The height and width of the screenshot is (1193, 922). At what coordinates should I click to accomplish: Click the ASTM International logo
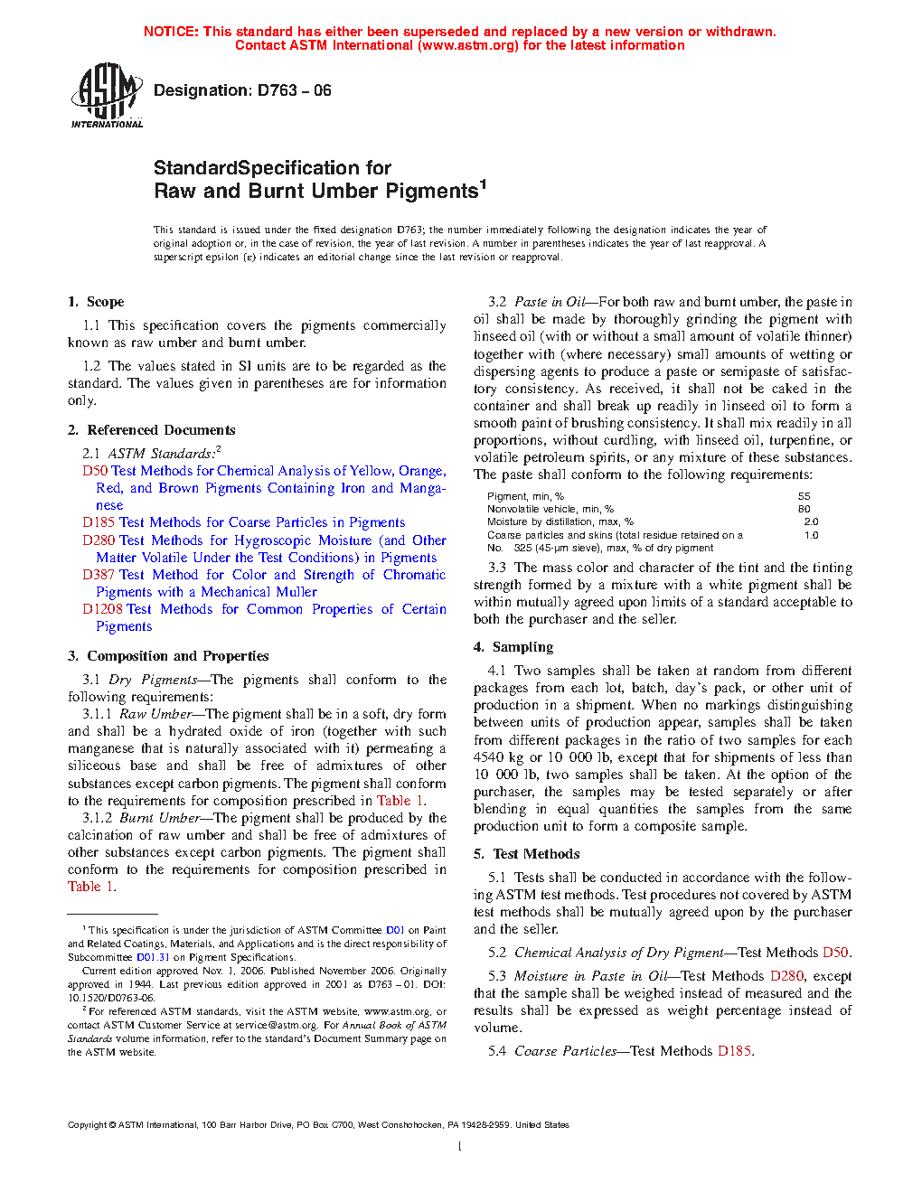pos(106,95)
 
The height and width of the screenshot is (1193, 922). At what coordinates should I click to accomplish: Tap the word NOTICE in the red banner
pos(171,32)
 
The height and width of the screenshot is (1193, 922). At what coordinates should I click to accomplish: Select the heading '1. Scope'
pos(96,302)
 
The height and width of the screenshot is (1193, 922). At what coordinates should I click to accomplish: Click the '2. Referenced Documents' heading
pos(152,430)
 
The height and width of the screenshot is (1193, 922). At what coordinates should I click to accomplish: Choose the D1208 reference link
pos(102,609)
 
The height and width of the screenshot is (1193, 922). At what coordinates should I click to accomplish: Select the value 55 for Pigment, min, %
pos(804,496)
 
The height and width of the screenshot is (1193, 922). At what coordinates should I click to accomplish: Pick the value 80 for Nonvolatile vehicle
pos(804,509)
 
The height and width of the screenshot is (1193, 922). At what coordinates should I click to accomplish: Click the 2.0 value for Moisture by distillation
pos(811,521)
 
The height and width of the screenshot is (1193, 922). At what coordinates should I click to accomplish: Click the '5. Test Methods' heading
pos(527,854)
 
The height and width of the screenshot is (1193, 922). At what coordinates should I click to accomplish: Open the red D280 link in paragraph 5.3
pos(786,976)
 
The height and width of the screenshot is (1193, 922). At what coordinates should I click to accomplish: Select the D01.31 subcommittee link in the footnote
pos(153,957)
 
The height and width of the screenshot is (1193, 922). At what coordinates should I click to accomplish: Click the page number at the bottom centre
pos(460,1147)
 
